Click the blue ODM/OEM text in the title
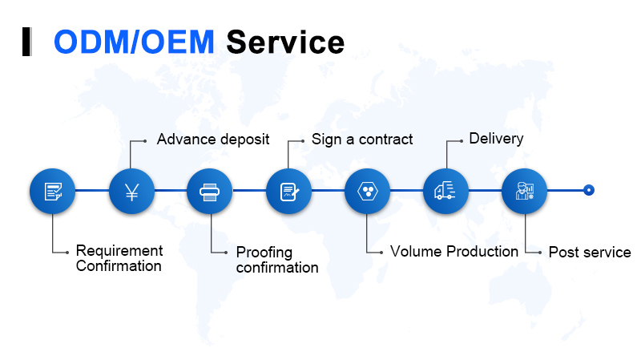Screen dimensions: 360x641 click(x=134, y=42)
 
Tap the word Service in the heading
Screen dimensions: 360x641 click(x=285, y=42)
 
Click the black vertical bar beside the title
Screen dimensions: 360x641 click(x=26, y=42)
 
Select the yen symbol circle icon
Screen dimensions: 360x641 click(x=131, y=191)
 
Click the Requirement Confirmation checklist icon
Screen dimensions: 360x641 click(x=53, y=191)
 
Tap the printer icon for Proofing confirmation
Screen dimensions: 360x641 click(x=210, y=191)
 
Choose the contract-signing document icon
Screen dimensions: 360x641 click(x=288, y=191)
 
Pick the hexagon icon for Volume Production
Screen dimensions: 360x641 click(x=367, y=191)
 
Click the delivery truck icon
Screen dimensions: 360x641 click(x=445, y=191)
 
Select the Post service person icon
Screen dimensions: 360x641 click(x=524, y=191)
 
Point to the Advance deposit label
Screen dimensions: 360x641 click(x=213, y=140)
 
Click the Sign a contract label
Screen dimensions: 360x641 click(x=362, y=140)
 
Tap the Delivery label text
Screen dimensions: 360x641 click(x=496, y=139)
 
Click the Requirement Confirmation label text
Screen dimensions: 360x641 click(x=119, y=258)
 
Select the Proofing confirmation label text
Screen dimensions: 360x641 click(x=277, y=260)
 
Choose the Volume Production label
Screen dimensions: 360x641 click(x=454, y=252)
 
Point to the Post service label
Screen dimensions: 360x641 click(x=590, y=253)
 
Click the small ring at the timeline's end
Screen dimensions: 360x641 click(x=589, y=190)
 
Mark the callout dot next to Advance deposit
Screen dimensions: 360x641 click(x=145, y=140)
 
